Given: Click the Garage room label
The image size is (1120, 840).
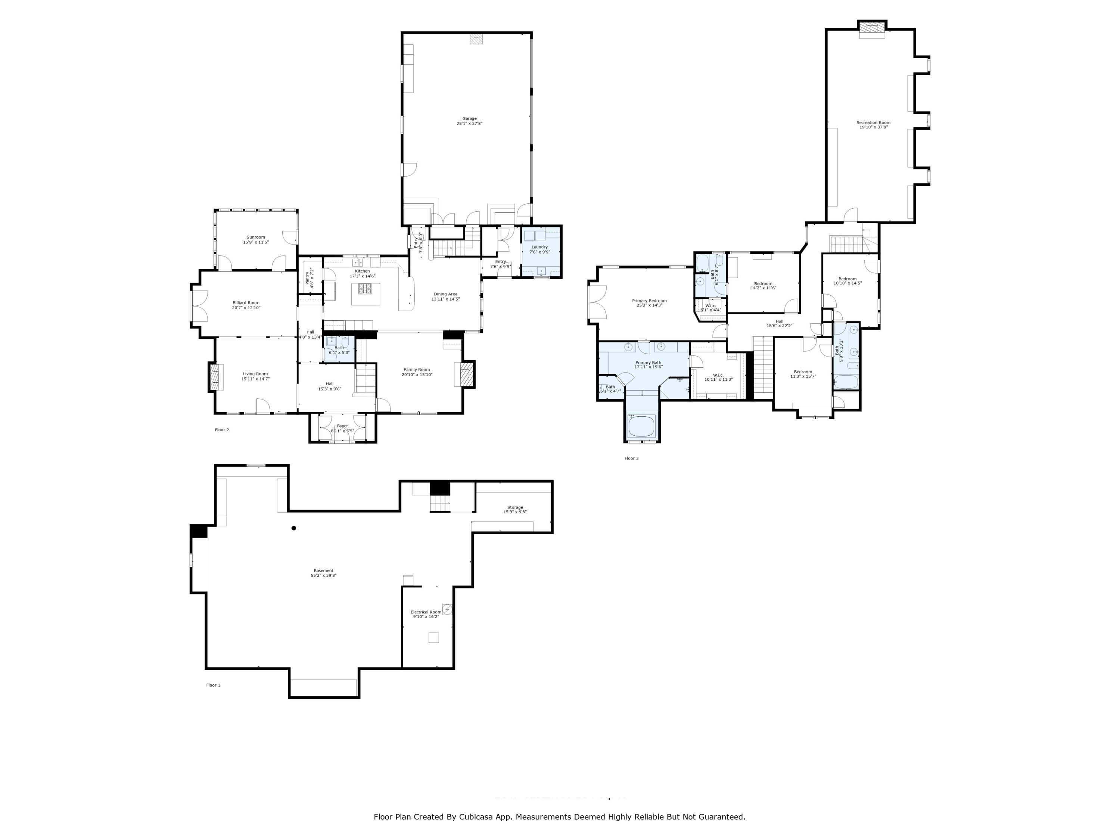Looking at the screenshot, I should [x=469, y=118].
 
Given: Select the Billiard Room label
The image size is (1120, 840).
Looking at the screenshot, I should [x=246, y=303].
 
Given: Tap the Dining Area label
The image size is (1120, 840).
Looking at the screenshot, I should [x=445, y=294].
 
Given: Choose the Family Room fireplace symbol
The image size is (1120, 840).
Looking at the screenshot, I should [x=465, y=375].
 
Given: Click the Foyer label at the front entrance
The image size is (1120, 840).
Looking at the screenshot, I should [x=343, y=426].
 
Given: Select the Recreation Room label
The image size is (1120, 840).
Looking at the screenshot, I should [x=873, y=122].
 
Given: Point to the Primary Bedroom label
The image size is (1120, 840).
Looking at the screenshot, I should [x=649, y=301].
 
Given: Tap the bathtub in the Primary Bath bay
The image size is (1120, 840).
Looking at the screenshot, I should [x=641, y=426].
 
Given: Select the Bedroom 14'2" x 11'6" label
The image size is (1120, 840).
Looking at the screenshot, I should [x=763, y=283].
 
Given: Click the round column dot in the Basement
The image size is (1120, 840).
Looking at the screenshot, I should [x=294, y=528].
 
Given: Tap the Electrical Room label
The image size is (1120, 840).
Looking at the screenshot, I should [x=426, y=612].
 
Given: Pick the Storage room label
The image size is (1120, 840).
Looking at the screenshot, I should [x=515, y=507].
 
